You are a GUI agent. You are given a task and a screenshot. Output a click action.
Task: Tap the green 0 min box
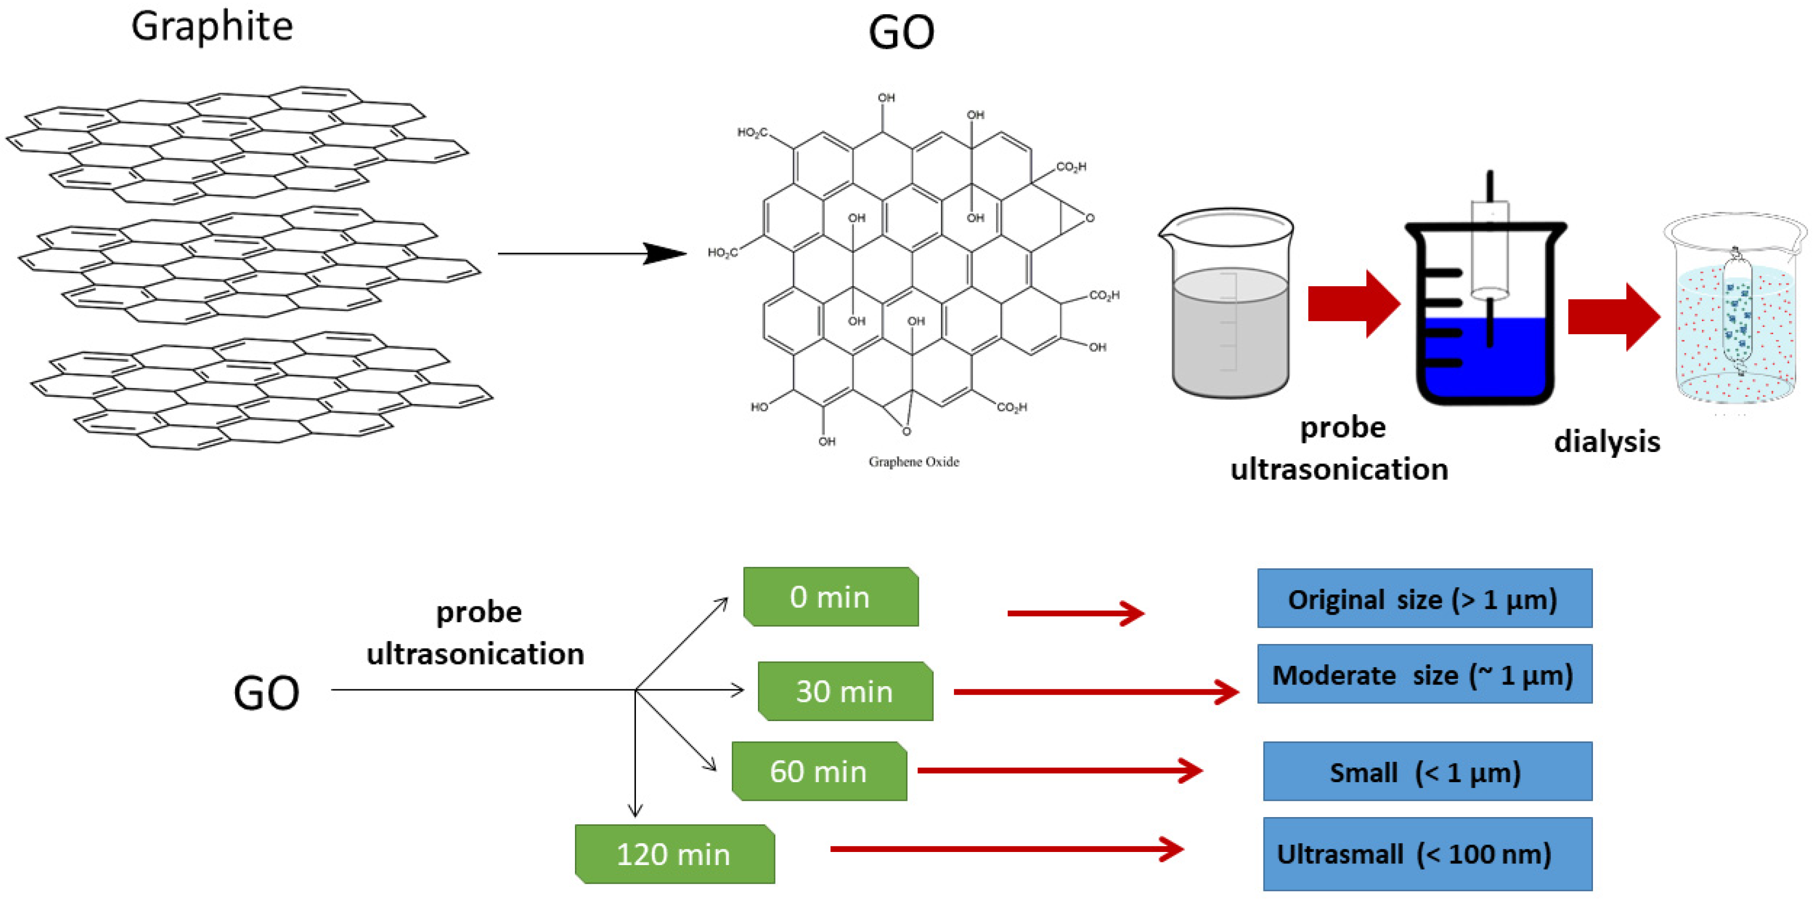tap(830, 596)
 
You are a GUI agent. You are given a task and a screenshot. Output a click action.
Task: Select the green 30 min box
tap(845, 690)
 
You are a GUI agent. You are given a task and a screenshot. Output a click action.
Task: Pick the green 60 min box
tap(819, 771)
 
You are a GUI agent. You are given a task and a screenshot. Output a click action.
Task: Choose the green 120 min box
tap(674, 854)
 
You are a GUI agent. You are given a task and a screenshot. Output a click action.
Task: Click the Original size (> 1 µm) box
tap(1424, 598)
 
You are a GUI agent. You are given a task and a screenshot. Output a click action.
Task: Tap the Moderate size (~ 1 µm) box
tap(1424, 674)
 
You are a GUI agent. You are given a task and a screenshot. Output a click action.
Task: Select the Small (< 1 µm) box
tap(1427, 771)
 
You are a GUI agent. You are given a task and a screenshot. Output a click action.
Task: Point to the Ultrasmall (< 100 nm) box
tap(1427, 854)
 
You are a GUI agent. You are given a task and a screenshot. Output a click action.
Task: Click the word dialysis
tap(1606, 442)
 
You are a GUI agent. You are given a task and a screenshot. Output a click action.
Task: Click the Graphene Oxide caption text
tap(913, 461)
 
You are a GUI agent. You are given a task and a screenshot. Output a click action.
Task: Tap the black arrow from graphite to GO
tap(592, 253)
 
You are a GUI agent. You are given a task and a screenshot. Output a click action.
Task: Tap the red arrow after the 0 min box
tap(1075, 613)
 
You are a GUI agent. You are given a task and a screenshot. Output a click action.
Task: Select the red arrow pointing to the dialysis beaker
tap(1613, 316)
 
